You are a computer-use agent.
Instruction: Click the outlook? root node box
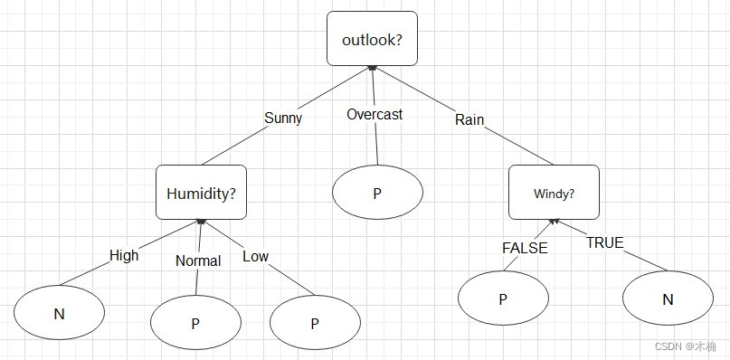pyautogui.click(x=372, y=38)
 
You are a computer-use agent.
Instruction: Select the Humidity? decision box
pyautogui.click(x=201, y=192)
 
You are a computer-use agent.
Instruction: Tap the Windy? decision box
pyautogui.click(x=554, y=192)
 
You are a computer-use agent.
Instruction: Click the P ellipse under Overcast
pyautogui.click(x=377, y=192)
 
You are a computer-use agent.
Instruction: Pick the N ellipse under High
pyautogui.click(x=59, y=313)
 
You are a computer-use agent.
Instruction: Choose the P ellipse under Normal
pyautogui.click(x=195, y=322)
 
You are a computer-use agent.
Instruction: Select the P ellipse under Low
pyautogui.click(x=315, y=322)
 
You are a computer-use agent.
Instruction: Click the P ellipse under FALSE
pyautogui.click(x=503, y=298)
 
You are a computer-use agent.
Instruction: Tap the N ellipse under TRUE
pyautogui.click(x=668, y=298)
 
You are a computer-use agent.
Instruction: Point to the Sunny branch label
pyautogui.click(x=283, y=118)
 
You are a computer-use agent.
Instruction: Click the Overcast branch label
pyautogui.click(x=374, y=115)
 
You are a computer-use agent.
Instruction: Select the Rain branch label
pyautogui.click(x=469, y=118)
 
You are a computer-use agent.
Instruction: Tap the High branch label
pyautogui.click(x=124, y=255)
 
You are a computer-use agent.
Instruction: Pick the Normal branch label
pyautogui.click(x=198, y=261)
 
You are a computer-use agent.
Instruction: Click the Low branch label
pyautogui.click(x=256, y=256)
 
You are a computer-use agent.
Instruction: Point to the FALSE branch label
pyautogui.click(x=525, y=248)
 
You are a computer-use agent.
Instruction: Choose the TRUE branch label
pyautogui.click(x=605, y=242)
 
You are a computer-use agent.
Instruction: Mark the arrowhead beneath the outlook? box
pyautogui.click(x=372, y=68)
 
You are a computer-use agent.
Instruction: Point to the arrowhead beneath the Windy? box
pyautogui.click(x=554, y=222)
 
